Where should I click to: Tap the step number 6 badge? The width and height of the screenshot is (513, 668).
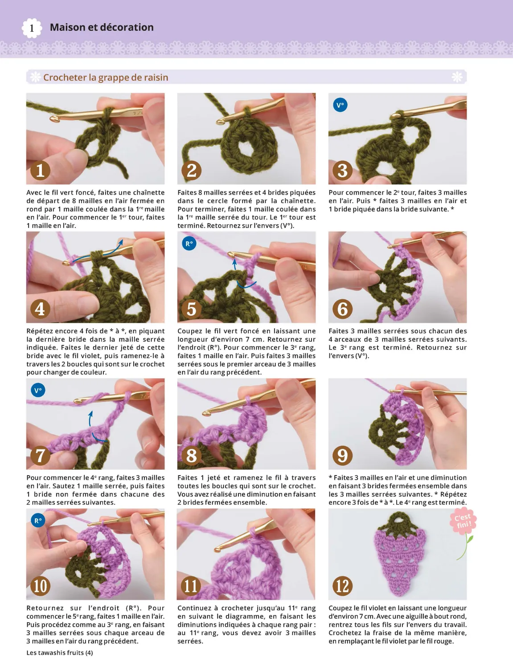(x=342, y=309)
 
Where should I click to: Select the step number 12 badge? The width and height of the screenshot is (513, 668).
(x=342, y=586)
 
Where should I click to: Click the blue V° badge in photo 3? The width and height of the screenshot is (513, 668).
(x=340, y=106)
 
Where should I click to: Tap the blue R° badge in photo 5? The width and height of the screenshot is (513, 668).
(x=189, y=244)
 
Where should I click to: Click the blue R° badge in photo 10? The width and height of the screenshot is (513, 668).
(x=38, y=520)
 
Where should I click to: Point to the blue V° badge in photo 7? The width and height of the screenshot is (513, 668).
(x=38, y=391)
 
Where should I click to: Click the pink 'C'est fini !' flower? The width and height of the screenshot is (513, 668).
(x=463, y=521)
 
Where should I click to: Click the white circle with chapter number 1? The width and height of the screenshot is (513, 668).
(x=32, y=29)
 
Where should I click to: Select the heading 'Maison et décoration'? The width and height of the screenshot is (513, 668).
(x=102, y=28)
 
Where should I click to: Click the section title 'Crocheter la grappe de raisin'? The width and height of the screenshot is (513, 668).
(x=106, y=77)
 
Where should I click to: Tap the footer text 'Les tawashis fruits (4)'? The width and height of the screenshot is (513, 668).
(x=60, y=653)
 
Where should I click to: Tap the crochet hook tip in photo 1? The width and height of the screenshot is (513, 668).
(x=55, y=119)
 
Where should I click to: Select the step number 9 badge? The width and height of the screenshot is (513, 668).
(x=342, y=456)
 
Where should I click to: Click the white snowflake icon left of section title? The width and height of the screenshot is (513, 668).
(x=35, y=77)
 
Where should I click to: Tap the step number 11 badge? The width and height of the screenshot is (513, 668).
(x=191, y=586)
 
